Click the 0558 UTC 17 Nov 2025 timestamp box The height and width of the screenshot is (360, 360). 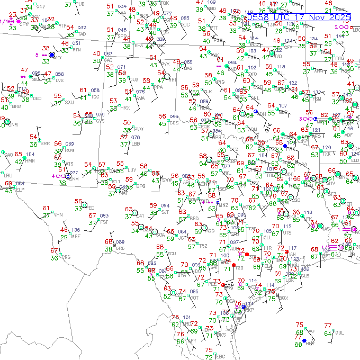click(x=298, y=17)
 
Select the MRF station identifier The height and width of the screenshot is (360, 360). click(x=76, y=237)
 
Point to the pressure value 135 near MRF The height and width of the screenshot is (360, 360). click(x=76, y=230)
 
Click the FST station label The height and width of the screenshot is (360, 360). click(x=104, y=222)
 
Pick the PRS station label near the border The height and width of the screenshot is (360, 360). click(x=66, y=257)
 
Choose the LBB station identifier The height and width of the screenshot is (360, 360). click(x=136, y=143)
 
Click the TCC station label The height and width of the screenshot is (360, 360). click(x=95, y=97)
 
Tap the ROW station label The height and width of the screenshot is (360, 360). click(x=69, y=150)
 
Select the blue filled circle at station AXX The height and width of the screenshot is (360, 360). click(x=51, y=55)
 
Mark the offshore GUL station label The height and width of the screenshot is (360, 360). click(x=339, y=332)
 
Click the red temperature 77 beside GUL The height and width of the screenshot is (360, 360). click(x=327, y=326)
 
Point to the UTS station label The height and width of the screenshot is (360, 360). click(x=287, y=232)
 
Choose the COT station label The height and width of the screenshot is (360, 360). click(x=194, y=298)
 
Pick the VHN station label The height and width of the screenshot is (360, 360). click(x=58, y=214)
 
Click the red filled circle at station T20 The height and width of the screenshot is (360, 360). click(x=233, y=264)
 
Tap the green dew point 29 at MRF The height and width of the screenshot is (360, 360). click(x=64, y=237)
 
